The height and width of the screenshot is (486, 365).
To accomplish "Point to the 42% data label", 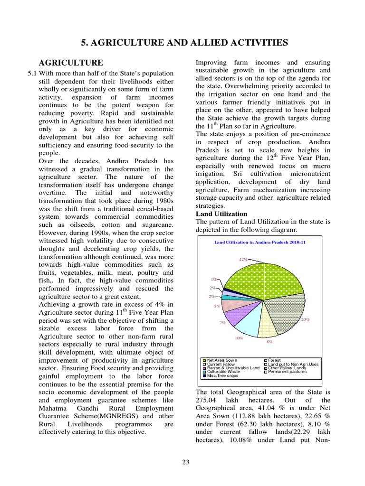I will (x=243, y=260).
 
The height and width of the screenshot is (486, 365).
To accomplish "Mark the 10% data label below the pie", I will (x=239, y=338).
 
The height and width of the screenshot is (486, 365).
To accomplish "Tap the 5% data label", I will (x=217, y=307).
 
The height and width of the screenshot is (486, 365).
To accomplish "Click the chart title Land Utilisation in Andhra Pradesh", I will (x=259, y=242).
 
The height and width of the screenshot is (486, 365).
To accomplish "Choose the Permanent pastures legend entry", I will (x=287, y=372).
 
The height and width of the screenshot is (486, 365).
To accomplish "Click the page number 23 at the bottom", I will (x=186, y=463).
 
